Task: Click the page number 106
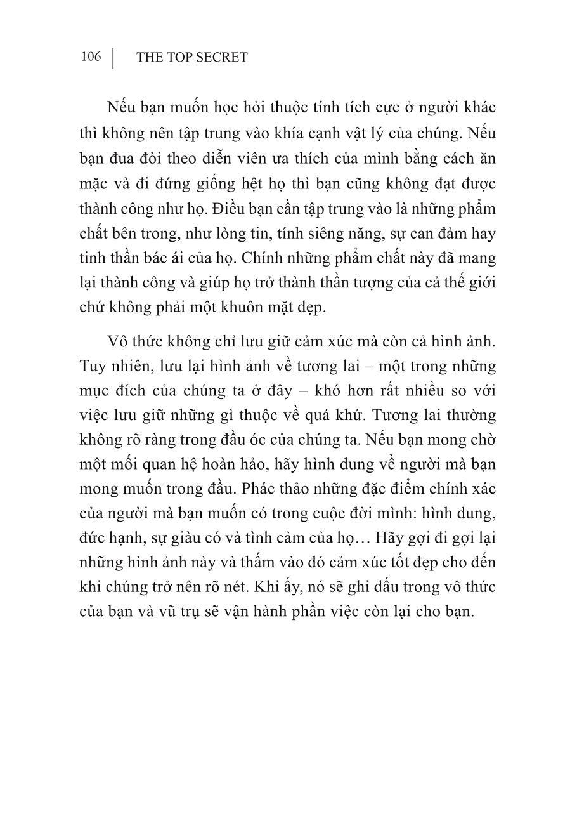tap(91, 57)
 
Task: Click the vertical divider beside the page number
tap(113, 58)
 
